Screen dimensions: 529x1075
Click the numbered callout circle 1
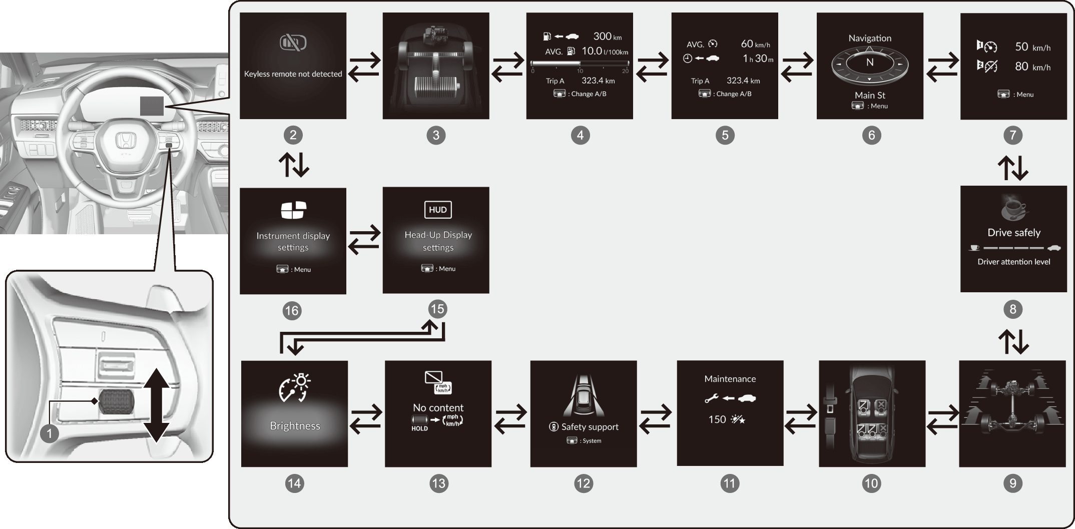click(x=49, y=433)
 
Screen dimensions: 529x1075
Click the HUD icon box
click(x=437, y=210)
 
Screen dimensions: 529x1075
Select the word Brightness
click(x=295, y=426)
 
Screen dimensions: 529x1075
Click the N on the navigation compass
click(x=870, y=63)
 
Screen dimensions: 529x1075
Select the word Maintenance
click(x=730, y=379)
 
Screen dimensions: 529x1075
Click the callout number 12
click(x=584, y=483)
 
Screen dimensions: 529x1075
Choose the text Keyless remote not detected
click(x=293, y=74)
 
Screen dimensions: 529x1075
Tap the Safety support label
click(x=590, y=427)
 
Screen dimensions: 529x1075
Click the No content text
click(x=438, y=407)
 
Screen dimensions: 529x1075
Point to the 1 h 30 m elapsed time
click(x=758, y=59)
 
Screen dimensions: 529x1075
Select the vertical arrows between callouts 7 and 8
click(x=1013, y=168)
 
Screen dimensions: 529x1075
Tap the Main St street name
click(x=870, y=95)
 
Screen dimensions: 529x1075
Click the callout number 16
click(x=291, y=311)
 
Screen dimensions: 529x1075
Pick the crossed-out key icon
click(x=293, y=43)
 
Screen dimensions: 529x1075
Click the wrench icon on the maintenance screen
click(x=711, y=399)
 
